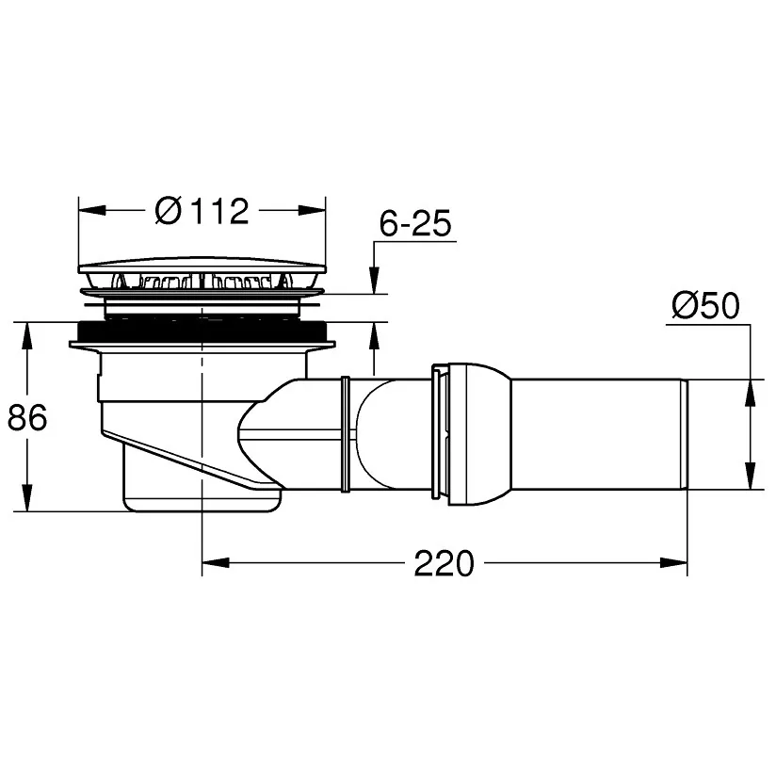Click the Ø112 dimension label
click(202, 211)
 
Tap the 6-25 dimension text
click(415, 223)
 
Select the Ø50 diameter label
click(705, 305)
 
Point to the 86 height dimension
click(27, 416)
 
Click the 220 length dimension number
click(444, 563)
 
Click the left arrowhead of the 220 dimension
click(216, 563)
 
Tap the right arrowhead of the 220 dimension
click(673, 563)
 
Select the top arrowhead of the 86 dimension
click(27, 336)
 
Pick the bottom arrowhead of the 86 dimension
click(27, 497)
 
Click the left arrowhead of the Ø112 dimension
click(92, 210)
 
